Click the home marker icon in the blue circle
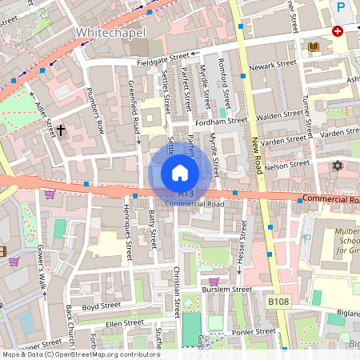(x=180, y=173)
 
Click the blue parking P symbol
(x=342, y=8)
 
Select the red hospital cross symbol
(x=338, y=31)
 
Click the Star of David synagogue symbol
(x=336, y=166)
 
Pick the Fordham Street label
(x=226, y=121)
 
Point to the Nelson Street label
(x=286, y=165)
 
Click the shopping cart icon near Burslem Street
(x=214, y=281)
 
